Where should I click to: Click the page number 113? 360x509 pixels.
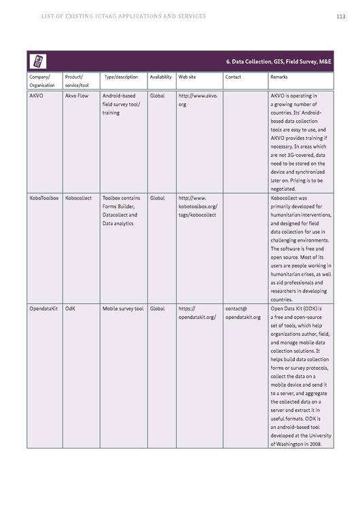tap(341, 16)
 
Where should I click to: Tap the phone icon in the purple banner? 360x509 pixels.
tap(37, 62)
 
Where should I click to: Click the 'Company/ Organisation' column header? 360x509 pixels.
tap(42, 81)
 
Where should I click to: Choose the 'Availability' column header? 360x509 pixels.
tap(160, 77)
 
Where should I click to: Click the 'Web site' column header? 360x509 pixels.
tap(187, 77)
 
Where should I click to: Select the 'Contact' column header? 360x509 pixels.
tap(233, 77)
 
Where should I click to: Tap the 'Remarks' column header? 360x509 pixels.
tap(278, 77)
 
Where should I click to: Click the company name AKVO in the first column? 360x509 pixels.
tap(37, 96)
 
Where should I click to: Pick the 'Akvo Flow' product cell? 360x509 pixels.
tap(77, 96)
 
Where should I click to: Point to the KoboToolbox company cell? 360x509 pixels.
tap(44, 198)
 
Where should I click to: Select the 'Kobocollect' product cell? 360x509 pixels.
tap(79, 198)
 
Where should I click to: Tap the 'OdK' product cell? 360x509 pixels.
tap(70, 309)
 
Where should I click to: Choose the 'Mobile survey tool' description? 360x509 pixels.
tap(123, 309)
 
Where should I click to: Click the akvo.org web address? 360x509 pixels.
tap(198, 100)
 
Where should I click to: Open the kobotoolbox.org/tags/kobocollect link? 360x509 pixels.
tap(198, 206)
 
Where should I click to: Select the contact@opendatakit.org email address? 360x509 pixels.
tap(242, 313)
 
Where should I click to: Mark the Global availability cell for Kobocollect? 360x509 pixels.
tap(157, 198)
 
